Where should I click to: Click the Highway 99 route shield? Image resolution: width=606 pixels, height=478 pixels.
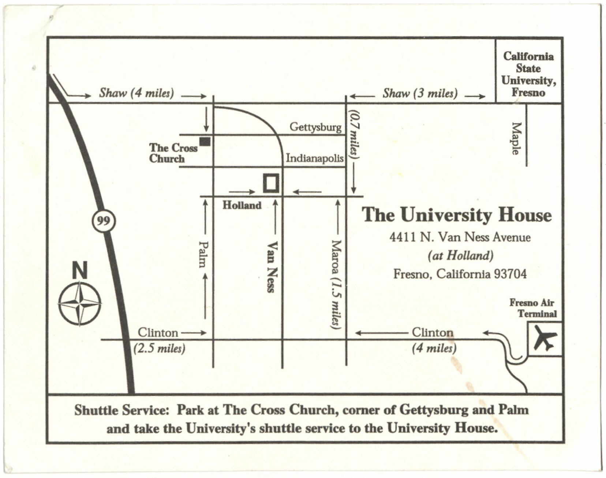[103, 221]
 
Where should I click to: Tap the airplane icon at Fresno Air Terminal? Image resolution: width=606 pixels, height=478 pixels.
[545, 339]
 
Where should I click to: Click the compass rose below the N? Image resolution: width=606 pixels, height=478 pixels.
[80, 303]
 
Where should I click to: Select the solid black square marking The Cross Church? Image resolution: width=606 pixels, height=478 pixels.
[205, 141]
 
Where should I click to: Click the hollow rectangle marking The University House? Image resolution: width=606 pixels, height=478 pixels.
[271, 183]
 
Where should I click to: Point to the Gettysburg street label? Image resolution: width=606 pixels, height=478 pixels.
[315, 127]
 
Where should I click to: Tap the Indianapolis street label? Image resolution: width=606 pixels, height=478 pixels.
[314, 158]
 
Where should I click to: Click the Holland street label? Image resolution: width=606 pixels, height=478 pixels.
[242, 205]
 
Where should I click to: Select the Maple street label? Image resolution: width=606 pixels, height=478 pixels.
[516, 138]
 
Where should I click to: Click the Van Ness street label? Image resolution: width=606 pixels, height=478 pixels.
[271, 266]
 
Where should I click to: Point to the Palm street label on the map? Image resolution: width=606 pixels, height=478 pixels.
[203, 254]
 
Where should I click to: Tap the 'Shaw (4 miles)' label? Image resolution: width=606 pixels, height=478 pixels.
[136, 93]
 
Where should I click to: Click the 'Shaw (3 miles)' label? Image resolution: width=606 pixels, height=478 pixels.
[420, 93]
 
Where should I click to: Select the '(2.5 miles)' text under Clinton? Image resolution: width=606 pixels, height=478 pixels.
[159, 348]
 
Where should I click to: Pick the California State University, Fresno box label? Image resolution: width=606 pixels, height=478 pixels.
[528, 74]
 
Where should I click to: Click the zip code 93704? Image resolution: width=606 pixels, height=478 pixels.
[510, 274]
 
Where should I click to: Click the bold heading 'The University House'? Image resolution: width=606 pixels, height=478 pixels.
[457, 214]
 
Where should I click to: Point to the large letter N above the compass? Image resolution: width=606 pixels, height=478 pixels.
[79, 270]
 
